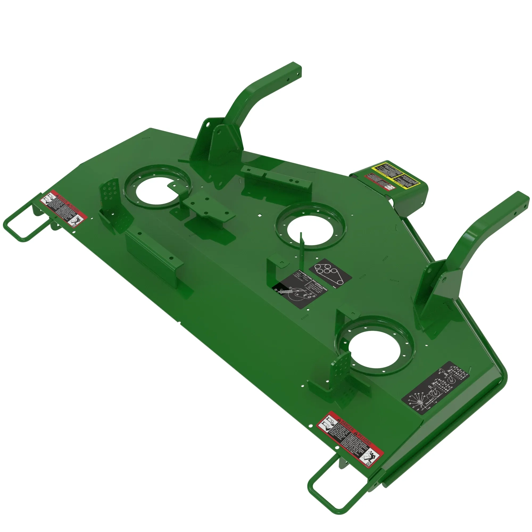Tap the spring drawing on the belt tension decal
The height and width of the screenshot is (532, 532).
tap(284, 291)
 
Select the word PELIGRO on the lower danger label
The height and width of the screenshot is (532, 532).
tap(363, 439)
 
